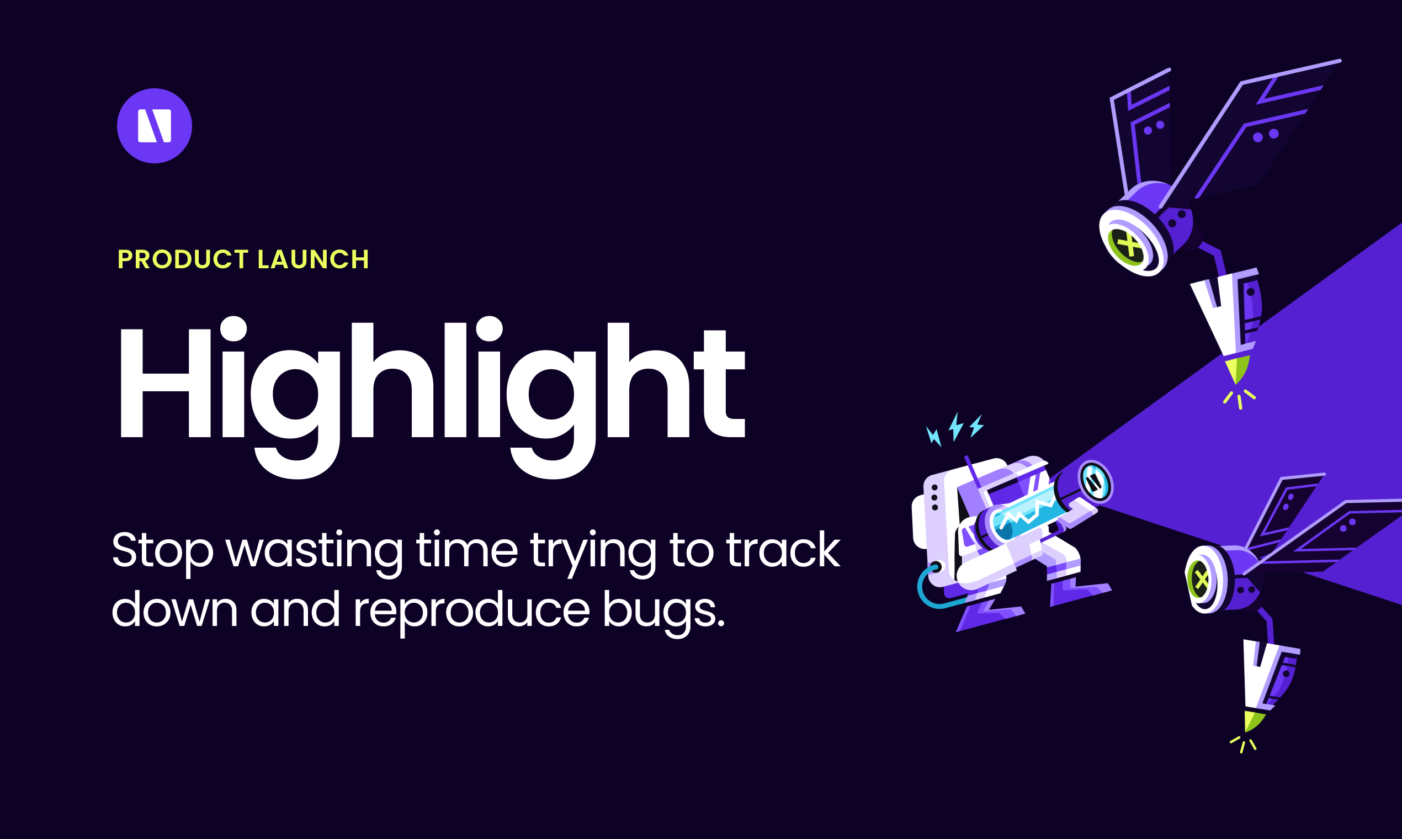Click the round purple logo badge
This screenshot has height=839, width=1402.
pos(155,125)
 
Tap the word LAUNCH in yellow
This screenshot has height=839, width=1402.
pos(313,259)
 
